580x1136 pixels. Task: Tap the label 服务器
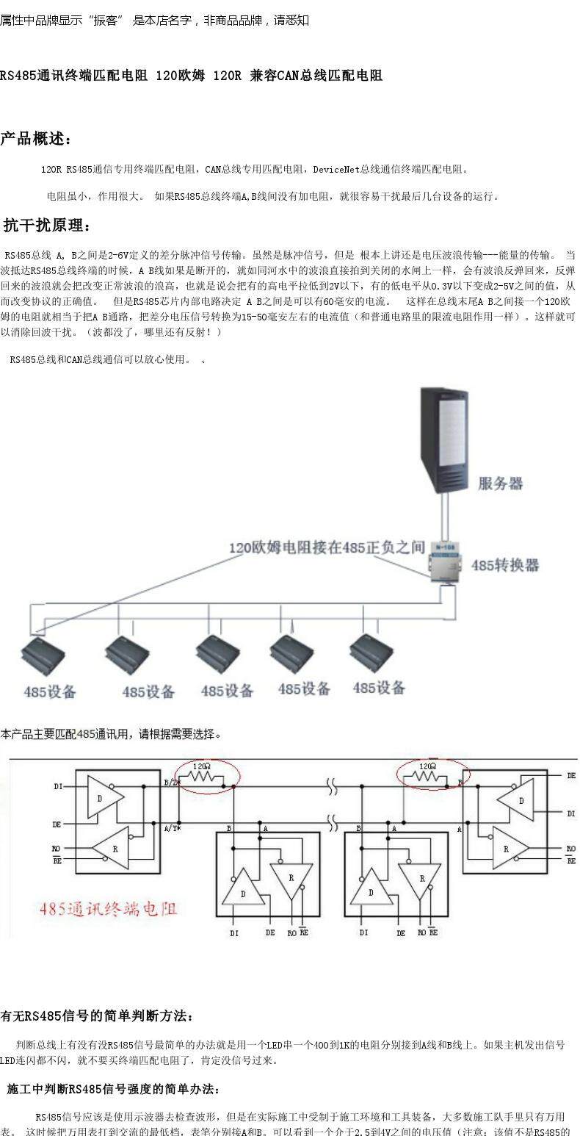tap(501, 483)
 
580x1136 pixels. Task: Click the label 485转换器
tap(505, 565)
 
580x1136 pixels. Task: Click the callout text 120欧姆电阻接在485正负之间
tap(327, 547)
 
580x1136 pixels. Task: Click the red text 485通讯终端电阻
tap(109, 908)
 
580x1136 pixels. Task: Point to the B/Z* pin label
tap(172, 783)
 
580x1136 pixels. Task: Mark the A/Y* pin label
tap(173, 828)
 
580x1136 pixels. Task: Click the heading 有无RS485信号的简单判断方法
tap(97, 1016)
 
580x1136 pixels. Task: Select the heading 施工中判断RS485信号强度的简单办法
tap(113, 1088)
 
